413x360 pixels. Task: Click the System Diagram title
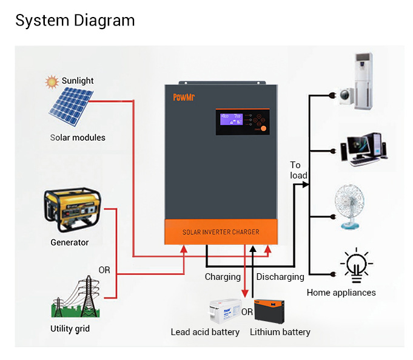point(75,20)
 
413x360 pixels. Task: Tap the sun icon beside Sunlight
point(52,81)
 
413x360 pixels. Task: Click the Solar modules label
point(78,138)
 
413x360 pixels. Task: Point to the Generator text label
point(70,243)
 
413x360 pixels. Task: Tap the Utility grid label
point(70,329)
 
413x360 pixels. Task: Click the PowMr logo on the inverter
point(184,97)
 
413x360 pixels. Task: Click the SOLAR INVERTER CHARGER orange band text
point(221,232)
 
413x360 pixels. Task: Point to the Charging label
point(223,277)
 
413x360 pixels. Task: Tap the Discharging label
point(280,277)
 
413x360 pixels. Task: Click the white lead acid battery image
point(224,311)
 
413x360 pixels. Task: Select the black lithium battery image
point(273,311)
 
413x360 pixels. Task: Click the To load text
point(298,170)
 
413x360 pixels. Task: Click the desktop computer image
point(363,149)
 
